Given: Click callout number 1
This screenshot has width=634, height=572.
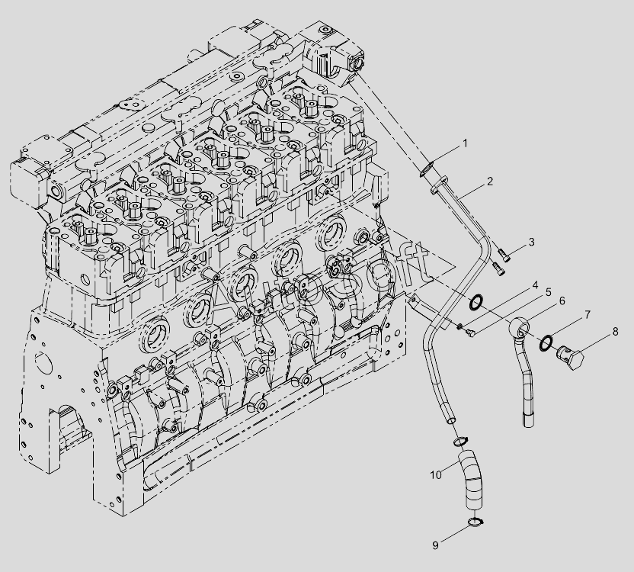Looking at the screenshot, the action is coord(465,143).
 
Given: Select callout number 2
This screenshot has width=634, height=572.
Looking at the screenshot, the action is coord(490,182).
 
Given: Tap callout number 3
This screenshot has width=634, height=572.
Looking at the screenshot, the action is coord(531,242).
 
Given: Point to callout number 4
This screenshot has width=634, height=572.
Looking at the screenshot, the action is coord(536,285).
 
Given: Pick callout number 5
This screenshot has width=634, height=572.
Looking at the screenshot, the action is coord(549,292).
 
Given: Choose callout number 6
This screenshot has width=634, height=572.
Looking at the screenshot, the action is coord(562,300).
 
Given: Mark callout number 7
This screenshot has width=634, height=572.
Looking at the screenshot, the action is coord(588,314).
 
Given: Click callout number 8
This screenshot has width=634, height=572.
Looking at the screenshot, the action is coord(615,332).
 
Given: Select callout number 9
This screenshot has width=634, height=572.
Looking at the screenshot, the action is coord(435,545).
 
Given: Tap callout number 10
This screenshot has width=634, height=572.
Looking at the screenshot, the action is coord(436,475).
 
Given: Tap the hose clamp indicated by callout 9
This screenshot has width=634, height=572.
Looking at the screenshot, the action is coord(475,522).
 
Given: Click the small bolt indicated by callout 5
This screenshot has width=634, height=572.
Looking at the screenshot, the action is coord(470,333).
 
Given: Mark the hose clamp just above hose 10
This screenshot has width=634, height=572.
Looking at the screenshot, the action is coord(460,442).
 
